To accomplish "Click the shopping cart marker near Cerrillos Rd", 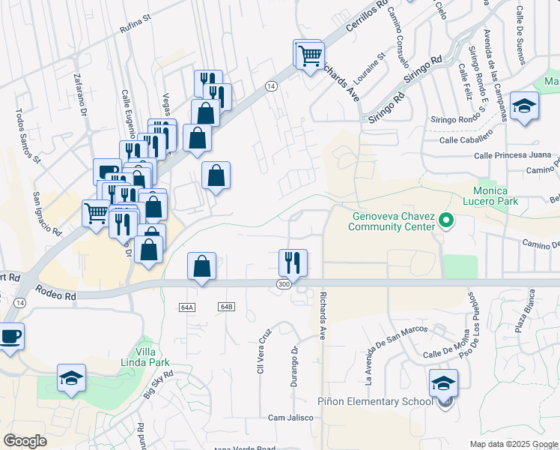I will [x=309, y=55].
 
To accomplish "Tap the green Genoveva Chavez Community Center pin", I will [x=447, y=221].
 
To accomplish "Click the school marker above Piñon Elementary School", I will [x=443, y=382].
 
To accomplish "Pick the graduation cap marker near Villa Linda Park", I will [x=71, y=379].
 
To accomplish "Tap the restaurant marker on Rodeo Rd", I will [x=293, y=263].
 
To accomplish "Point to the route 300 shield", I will [x=284, y=285].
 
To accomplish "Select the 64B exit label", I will [x=227, y=307].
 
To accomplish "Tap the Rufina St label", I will [x=136, y=29].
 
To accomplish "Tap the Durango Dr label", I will [x=295, y=361].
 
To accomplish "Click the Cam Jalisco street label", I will [x=287, y=418].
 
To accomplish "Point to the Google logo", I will [x=25, y=441].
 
